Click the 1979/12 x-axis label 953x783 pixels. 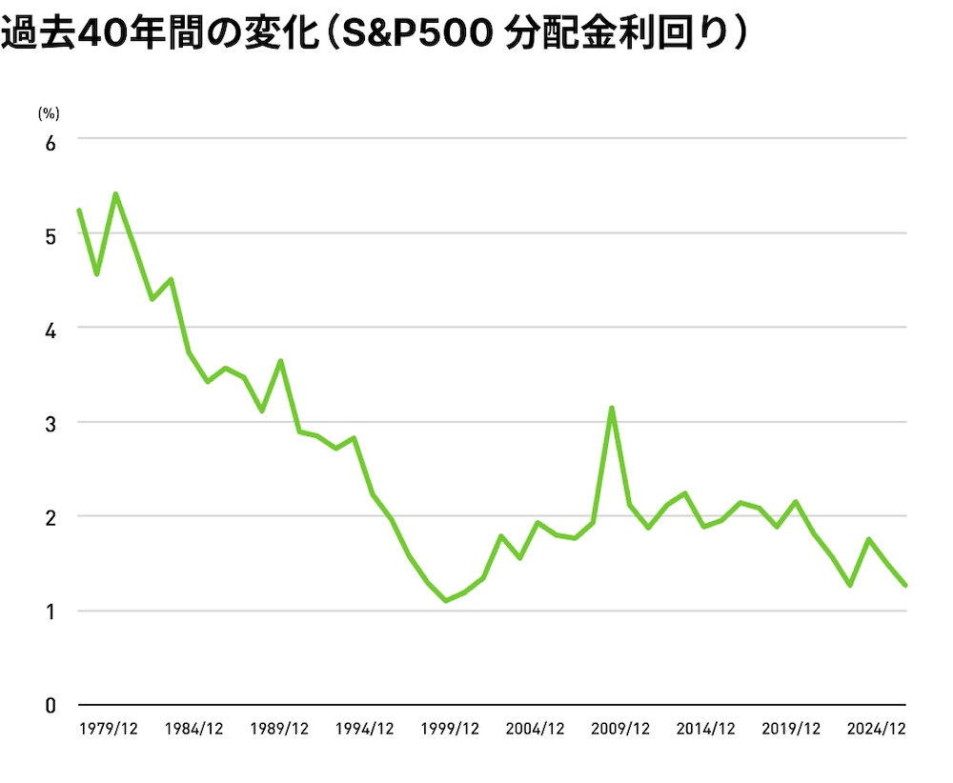(x=110, y=729)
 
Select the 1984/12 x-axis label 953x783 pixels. (x=194, y=729)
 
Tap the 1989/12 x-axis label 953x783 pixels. (x=279, y=729)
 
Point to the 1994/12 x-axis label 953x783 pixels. (x=365, y=729)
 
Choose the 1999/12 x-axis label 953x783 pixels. (x=450, y=729)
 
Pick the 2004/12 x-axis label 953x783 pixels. (x=535, y=729)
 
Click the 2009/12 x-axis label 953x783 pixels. (x=620, y=729)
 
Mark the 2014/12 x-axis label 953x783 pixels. (x=705, y=729)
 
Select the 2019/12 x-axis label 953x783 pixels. (x=790, y=729)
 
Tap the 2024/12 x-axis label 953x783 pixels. (x=876, y=729)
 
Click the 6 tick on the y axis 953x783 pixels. (x=51, y=141)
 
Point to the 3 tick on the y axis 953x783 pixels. (x=51, y=423)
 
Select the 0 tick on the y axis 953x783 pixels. (x=51, y=706)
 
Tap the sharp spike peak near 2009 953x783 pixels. (x=611, y=409)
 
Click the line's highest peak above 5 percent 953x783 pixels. (x=115, y=194)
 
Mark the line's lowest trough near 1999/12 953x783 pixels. (x=446, y=601)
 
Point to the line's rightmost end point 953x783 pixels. (x=905, y=586)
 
